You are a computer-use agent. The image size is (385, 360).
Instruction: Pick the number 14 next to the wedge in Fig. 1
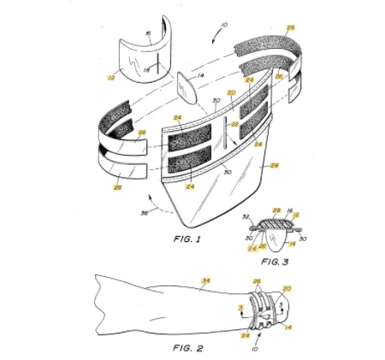click(x=202, y=76)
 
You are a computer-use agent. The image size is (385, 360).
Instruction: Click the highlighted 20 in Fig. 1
click(x=230, y=93)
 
